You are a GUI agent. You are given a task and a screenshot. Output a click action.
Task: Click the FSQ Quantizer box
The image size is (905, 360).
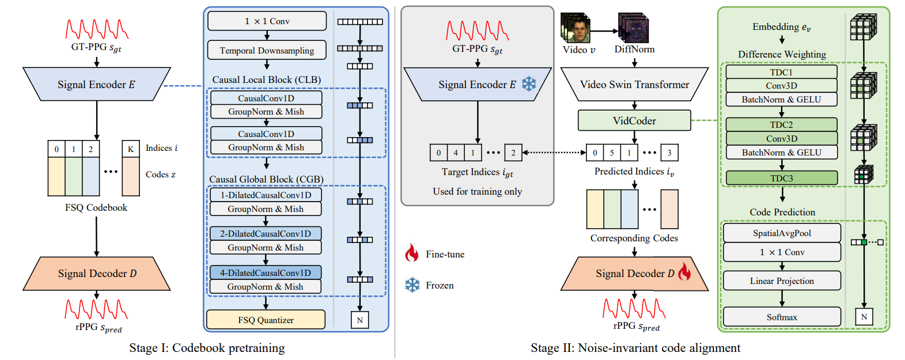[x=266, y=320]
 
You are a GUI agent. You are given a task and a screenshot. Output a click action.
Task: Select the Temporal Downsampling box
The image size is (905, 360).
[x=267, y=50]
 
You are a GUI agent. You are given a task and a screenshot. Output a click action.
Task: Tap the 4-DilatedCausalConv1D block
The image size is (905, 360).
[x=266, y=272]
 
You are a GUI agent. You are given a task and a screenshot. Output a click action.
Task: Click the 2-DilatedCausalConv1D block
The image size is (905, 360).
[x=266, y=233]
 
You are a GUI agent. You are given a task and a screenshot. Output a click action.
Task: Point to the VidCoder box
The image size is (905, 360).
[x=634, y=120]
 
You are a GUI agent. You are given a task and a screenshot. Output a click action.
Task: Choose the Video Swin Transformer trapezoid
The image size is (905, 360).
[x=634, y=85]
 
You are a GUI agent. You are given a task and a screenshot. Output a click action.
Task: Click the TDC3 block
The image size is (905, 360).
[x=781, y=178]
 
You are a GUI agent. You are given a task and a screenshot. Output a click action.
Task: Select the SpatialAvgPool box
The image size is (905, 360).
[x=782, y=233]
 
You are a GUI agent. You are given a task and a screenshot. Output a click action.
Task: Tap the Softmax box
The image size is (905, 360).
[x=782, y=317]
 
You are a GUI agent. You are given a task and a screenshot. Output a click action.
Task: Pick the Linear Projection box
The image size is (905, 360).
[x=782, y=281]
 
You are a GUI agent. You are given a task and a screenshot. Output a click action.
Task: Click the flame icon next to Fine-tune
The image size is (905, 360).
[x=411, y=253]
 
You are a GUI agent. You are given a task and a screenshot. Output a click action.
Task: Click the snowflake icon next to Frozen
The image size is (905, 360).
[x=412, y=285]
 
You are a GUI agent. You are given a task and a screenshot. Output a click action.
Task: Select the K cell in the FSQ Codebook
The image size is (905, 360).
[x=131, y=149]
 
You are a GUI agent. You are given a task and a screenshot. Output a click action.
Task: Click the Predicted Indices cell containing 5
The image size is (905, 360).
[x=612, y=153]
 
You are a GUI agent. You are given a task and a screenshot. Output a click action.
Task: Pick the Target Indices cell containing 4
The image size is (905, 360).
[x=456, y=153]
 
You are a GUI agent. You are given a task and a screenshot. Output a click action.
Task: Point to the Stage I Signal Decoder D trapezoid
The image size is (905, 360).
[x=97, y=274]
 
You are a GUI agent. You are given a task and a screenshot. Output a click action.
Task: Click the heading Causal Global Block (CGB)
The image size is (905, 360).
[x=266, y=179]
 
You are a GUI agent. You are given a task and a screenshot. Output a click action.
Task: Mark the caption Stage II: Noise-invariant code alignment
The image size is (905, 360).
[x=635, y=348]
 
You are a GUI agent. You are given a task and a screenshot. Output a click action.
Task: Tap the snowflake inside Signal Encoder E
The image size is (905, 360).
[x=528, y=84]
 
